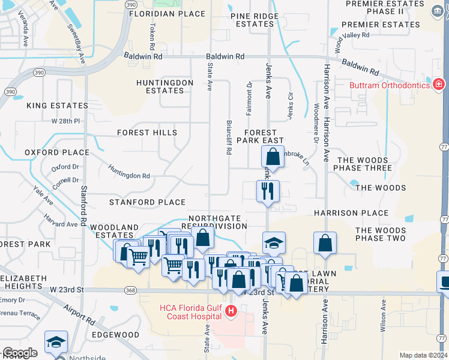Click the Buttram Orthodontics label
tap(390, 85)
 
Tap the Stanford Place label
tap(147, 202)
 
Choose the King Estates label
tap(57, 106)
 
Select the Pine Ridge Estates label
tap(255, 19)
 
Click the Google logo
tap(20, 353)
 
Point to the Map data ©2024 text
tap(423, 355)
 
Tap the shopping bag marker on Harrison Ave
tap(325, 243)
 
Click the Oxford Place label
tap(57, 152)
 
